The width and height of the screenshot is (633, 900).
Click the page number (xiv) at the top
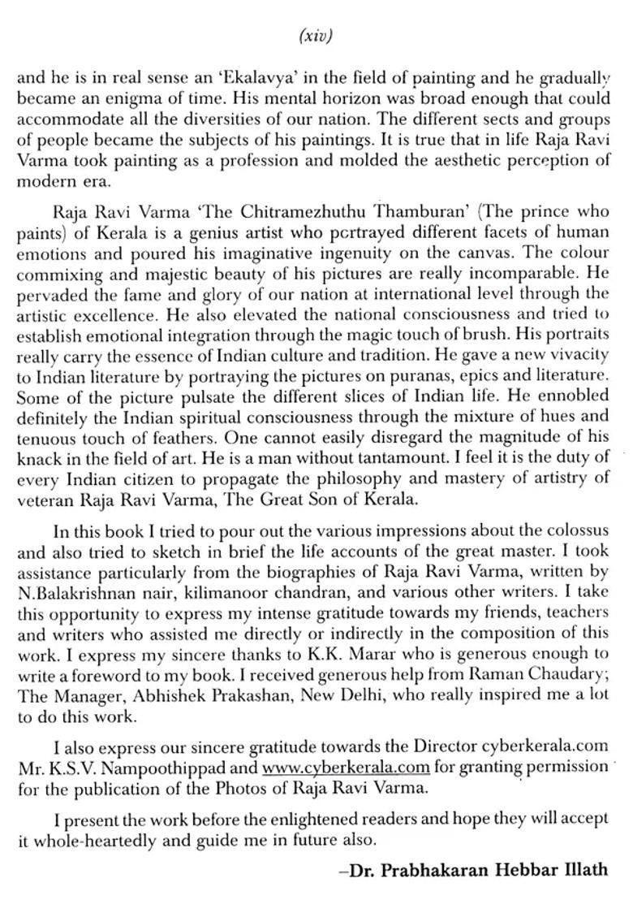[x=315, y=36]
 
